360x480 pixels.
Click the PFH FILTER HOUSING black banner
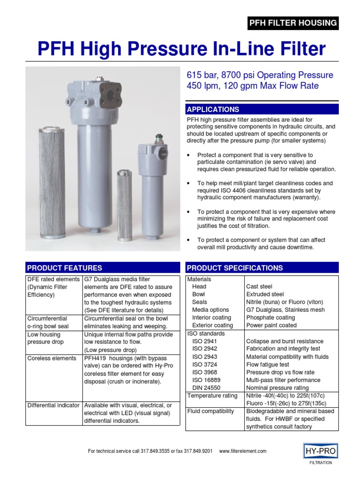(x=292, y=22)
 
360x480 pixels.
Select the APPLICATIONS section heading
(x=213, y=110)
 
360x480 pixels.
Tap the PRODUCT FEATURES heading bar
(x=102, y=268)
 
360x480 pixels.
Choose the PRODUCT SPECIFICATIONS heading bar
(x=262, y=268)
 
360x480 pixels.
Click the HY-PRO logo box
(x=321, y=450)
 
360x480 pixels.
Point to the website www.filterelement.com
(x=242, y=451)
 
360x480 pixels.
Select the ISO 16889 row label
(x=206, y=380)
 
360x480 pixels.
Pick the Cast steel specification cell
(x=259, y=286)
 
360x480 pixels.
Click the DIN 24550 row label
(x=206, y=388)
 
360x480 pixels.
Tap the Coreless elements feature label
(x=52, y=358)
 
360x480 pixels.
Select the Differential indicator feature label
(x=53, y=405)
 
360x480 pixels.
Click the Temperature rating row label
(x=212, y=396)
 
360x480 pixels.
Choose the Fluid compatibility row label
(x=210, y=411)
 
